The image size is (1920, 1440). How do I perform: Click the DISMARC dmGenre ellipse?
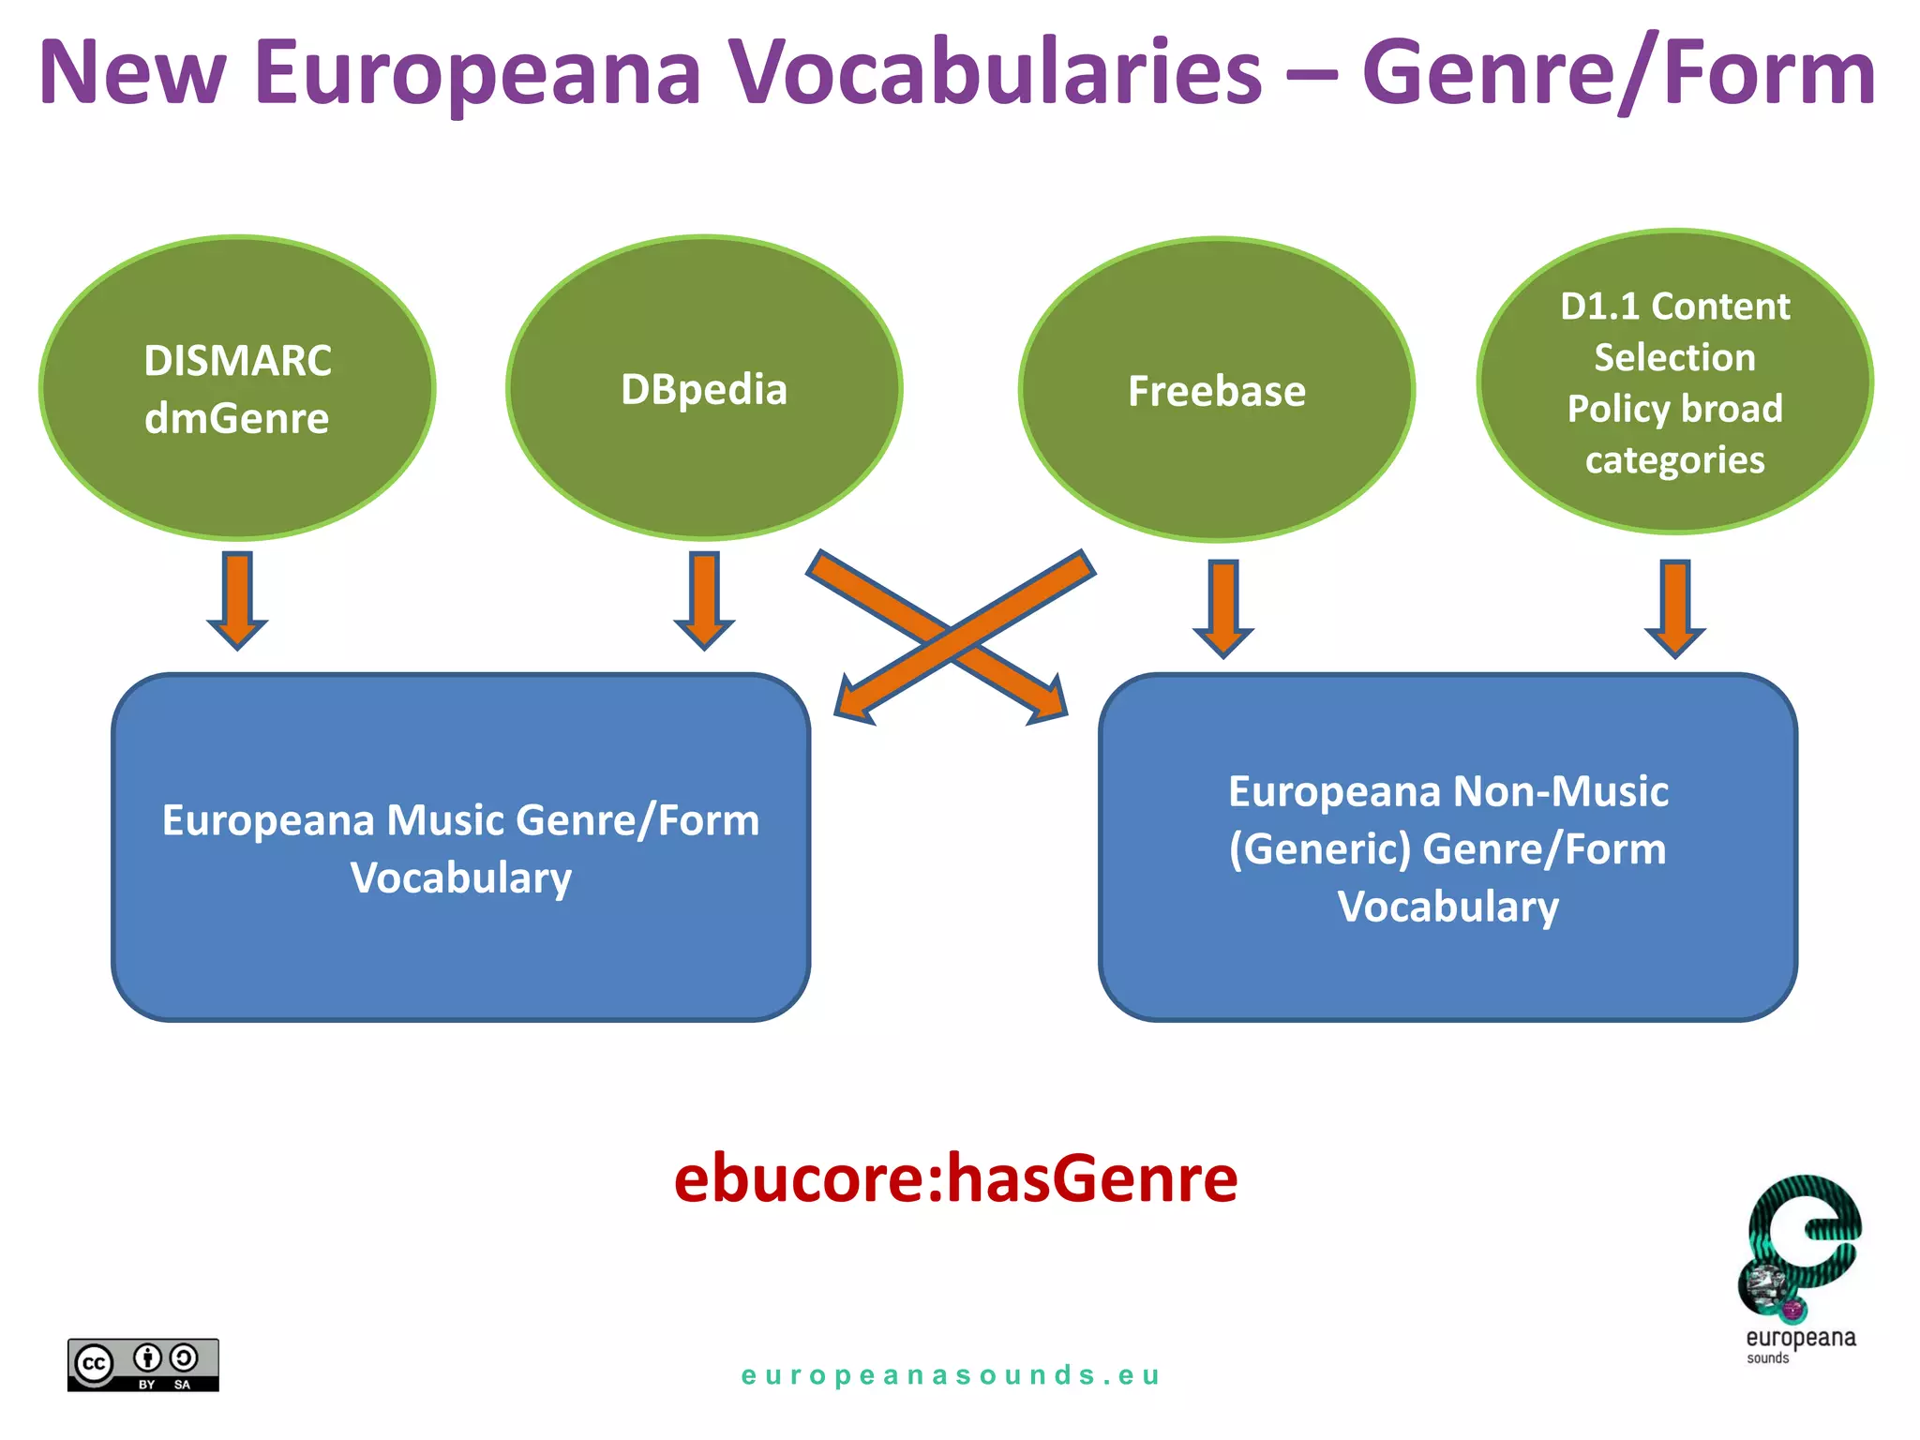pos(237,388)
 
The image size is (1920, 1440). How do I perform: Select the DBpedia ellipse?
pos(704,388)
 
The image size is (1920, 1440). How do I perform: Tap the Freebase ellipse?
pos(1216,390)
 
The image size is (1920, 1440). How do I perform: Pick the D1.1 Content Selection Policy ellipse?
pos(1674,382)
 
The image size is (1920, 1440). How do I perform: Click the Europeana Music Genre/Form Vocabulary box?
pos(460,847)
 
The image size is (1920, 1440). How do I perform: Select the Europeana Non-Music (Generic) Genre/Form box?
pos(1447,847)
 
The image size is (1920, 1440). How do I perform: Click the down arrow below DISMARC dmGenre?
pos(237,600)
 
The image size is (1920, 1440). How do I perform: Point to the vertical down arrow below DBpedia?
pos(704,600)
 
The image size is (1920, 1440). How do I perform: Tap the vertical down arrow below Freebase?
pos(1223,608)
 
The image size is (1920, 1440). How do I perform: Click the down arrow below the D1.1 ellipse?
pos(1675,608)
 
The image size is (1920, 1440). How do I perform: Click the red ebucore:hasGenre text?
pos(955,1178)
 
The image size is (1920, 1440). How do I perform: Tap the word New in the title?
pos(132,73)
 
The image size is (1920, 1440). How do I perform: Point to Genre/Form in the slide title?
pos(1618,73)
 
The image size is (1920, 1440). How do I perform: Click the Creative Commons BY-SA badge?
pos(142,1364)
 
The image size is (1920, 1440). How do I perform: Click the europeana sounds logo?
pos(1800,1266)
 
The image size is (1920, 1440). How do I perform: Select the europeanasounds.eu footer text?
pos(951,1375)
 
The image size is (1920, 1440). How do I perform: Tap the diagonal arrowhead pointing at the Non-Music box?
pos(1047,698)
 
